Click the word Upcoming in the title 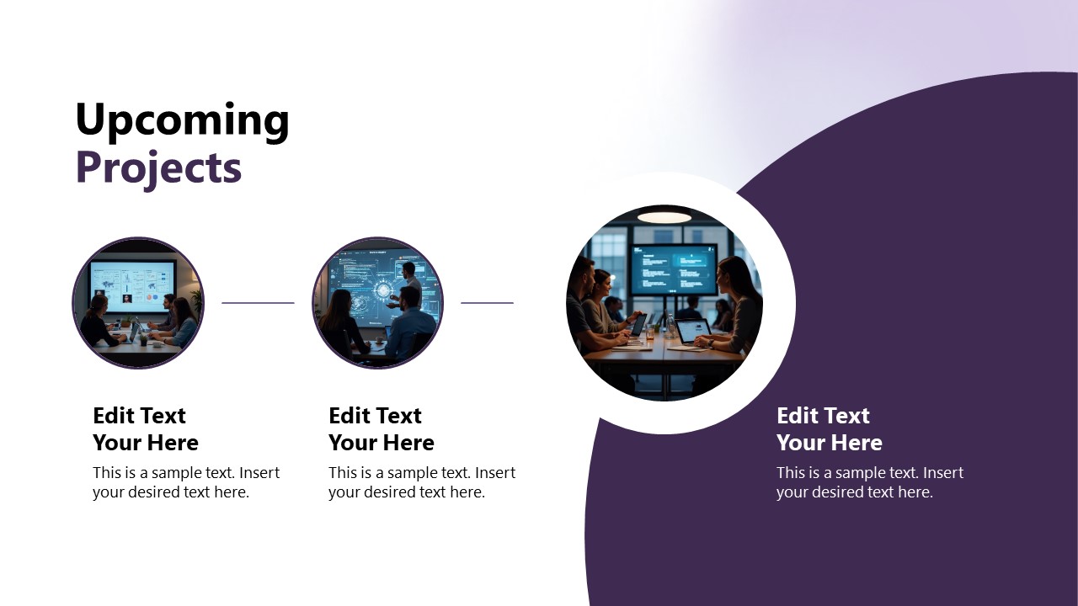point(182,120)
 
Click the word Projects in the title point(158,167)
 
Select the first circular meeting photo point(138,303)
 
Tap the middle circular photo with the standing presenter point(377,303)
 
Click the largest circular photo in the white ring point(664,303)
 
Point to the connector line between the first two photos point(258,303)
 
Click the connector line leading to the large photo point(487,303)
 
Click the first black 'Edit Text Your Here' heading point(146,429)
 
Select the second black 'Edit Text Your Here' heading point(382,429)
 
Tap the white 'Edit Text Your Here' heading point(830,429)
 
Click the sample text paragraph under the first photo point(186,482)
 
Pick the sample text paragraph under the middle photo point(422,482)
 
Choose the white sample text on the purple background point(870,482)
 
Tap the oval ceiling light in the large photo point(664,217)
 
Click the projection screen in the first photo point(132,281)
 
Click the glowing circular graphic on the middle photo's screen point(383,291)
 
